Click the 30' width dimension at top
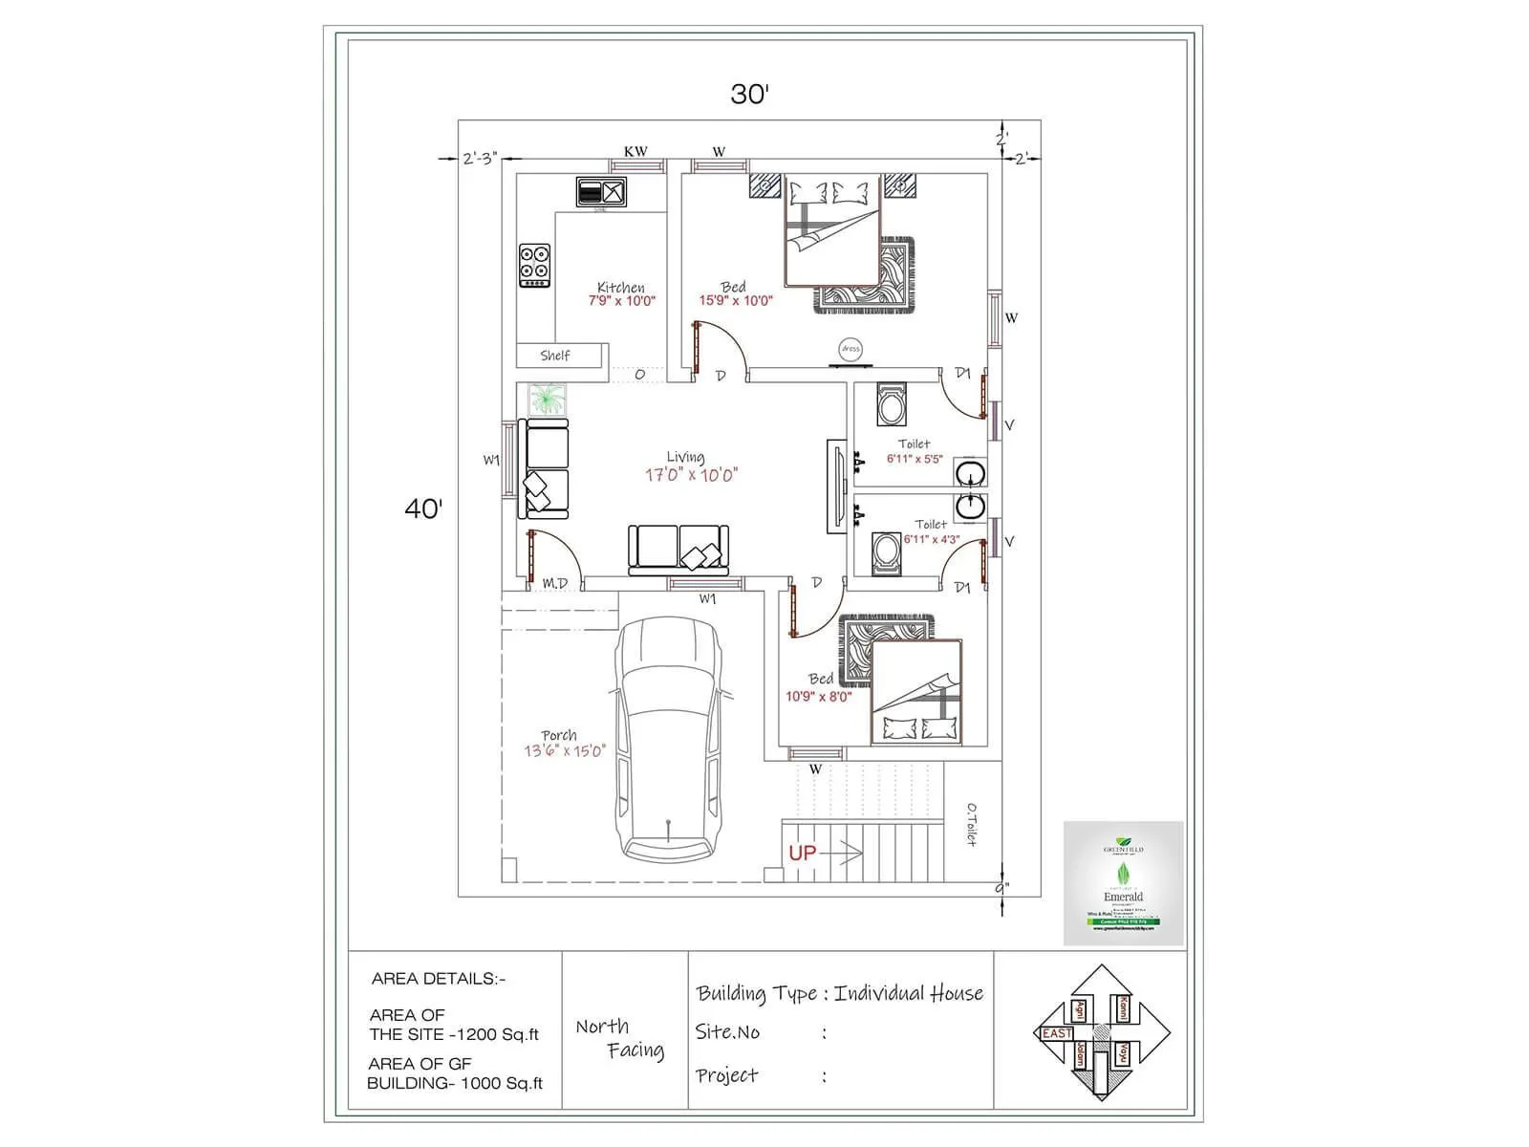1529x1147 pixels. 750,94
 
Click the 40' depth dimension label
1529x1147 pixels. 423,509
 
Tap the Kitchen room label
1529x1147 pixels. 621,287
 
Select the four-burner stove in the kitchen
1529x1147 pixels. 534,266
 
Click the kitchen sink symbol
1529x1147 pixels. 601,192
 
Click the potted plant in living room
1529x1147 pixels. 547,399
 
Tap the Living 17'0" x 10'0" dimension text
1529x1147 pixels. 691,475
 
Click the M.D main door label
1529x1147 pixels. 554,583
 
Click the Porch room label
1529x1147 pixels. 559,735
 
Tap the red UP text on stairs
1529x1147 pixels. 802,853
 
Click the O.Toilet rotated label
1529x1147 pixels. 970,824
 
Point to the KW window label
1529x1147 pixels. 635,151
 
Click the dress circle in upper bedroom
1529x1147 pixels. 850,350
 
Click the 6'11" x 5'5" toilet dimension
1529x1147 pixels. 915,459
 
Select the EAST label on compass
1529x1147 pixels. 1056,1033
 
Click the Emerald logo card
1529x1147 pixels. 1123,882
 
